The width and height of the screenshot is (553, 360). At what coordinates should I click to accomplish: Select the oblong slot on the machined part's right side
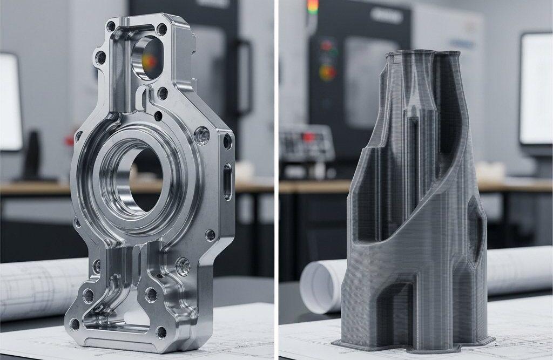point(227,181)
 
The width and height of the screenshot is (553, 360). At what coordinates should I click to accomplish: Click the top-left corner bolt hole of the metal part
point(111,25)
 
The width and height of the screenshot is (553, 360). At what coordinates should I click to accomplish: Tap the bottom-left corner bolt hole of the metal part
point(75,324)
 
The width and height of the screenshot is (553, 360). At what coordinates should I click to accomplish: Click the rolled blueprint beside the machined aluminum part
point(32,286)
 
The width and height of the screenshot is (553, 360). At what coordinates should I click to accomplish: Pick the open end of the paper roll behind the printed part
point(315,286)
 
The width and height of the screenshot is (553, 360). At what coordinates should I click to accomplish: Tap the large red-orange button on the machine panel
point(327,72)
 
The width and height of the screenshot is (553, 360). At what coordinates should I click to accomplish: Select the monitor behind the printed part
point(535,89)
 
